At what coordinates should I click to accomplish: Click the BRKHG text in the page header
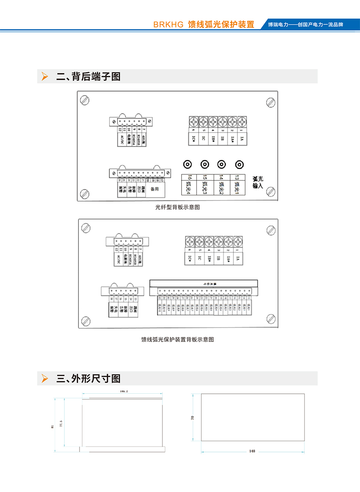click(168, 25)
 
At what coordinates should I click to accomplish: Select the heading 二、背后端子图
click(88, 77)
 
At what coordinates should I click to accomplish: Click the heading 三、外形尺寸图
click(88, 378)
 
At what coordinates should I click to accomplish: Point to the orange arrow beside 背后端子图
click(45, 77)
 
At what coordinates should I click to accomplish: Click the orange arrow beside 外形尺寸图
click(45, 378)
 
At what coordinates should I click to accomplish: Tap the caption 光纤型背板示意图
click(177, 207)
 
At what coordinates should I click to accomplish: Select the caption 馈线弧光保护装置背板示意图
click(177, 340)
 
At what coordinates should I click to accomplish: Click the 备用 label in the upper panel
click(155, 189)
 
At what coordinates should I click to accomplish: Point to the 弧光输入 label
click(258, 182)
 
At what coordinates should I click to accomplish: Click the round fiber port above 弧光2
click(222, 165)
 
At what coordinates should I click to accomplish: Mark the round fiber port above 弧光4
click(188, 165)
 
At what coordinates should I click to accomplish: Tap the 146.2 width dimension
click(124, 391)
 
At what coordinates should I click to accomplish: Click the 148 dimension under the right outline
click(252, 451)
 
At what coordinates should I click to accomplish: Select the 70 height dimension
click(193, 418)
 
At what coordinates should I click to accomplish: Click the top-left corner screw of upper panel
click(85, 101)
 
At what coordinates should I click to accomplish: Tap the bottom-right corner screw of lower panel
click(271, 319)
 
